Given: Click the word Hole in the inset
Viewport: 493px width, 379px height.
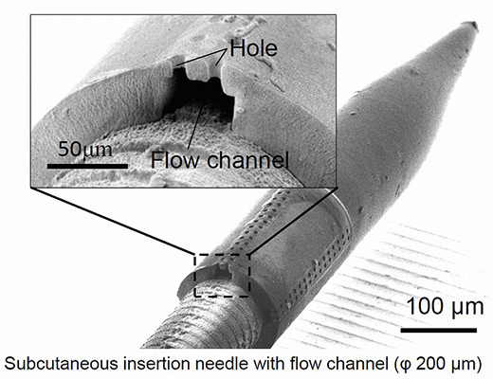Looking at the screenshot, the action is click(x=253, y=48).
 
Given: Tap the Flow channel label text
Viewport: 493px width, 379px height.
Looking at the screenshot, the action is click(x=220, y=160).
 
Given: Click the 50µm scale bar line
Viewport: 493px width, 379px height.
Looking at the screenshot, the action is click(x=87, y=166).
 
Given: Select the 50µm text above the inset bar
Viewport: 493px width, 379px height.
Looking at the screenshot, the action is click(x=85, y=150).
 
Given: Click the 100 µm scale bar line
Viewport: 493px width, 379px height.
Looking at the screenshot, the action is click(x=439, y=331).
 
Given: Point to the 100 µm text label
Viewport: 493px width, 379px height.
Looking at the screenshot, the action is click(x=445, y=307).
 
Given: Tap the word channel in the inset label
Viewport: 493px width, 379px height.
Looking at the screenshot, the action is click(x=247, y=160).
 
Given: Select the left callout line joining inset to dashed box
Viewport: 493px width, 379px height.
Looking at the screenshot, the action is click(x=113, y=221).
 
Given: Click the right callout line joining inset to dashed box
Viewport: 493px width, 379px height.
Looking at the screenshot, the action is click(x=293, y=221).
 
